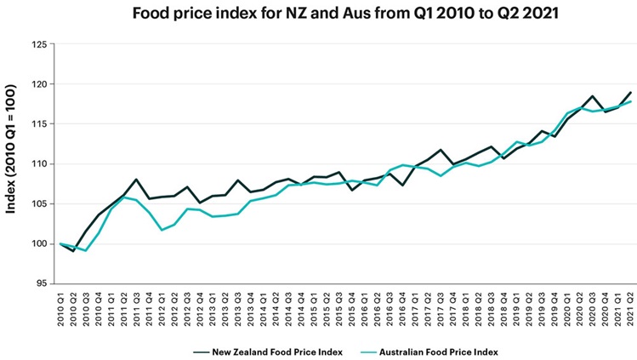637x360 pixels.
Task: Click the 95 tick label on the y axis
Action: click(41, 283)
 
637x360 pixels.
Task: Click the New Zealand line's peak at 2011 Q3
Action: click(137, 180)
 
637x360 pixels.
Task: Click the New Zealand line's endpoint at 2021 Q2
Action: click(631, 92)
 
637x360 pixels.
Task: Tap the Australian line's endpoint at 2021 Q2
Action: click(631, 101)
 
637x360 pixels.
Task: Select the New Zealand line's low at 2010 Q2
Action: click(73, 251)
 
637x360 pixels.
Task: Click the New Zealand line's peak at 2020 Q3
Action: click(593, 96)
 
